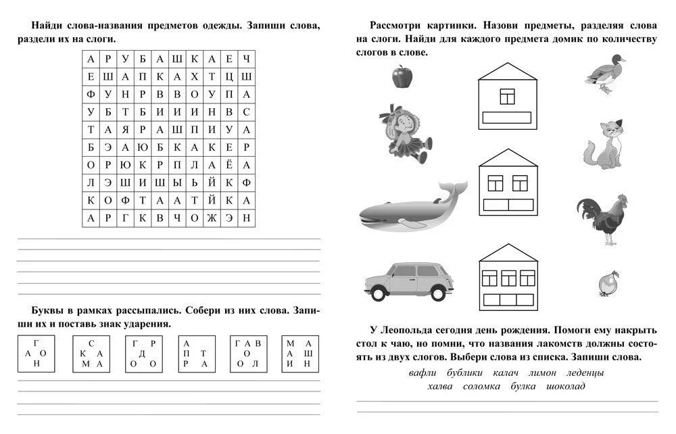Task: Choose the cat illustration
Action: [x=603, y=145]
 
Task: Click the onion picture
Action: [x=608, y=283]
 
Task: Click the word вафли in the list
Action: [x=423, y=372]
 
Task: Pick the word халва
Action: [x=441, y=386]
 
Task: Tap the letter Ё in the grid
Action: [x=229, y=164]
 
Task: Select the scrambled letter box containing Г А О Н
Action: [x=35, y=354]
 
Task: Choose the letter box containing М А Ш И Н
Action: [x=298, y=354]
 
